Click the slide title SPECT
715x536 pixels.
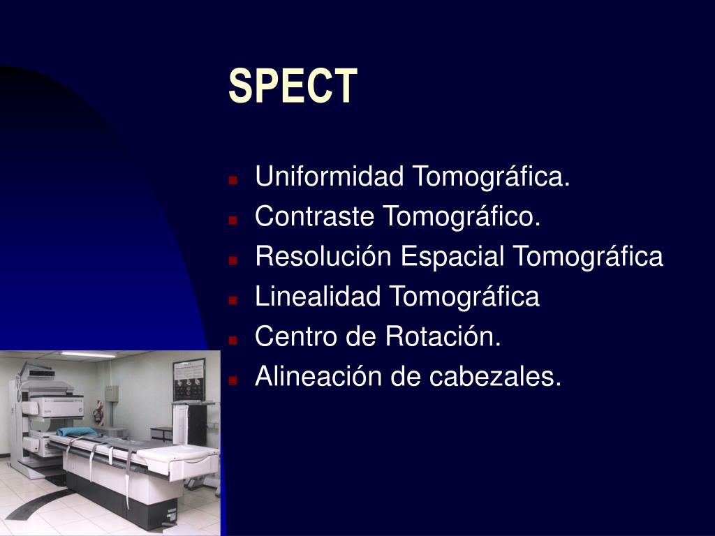293,86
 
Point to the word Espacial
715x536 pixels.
452,256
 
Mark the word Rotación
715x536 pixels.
443,336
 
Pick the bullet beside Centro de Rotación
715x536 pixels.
233,340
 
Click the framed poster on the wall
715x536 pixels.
189,380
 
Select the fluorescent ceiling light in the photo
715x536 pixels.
88,355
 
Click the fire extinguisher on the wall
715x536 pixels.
99,414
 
